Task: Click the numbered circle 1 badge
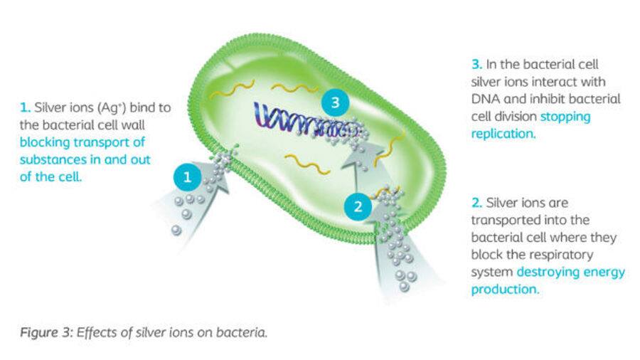point(187,177)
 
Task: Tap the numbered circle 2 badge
point(358,206)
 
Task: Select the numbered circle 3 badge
point(335,102)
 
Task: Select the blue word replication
point(503,134)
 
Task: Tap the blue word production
point(506,290)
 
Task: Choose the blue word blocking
point(45,142)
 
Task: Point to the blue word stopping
point(565,117)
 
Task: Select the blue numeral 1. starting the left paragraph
point(26,107)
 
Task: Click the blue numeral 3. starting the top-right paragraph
point(476,65)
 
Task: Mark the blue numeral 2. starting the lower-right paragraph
point(476,203)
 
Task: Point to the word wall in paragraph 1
point(133,125)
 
